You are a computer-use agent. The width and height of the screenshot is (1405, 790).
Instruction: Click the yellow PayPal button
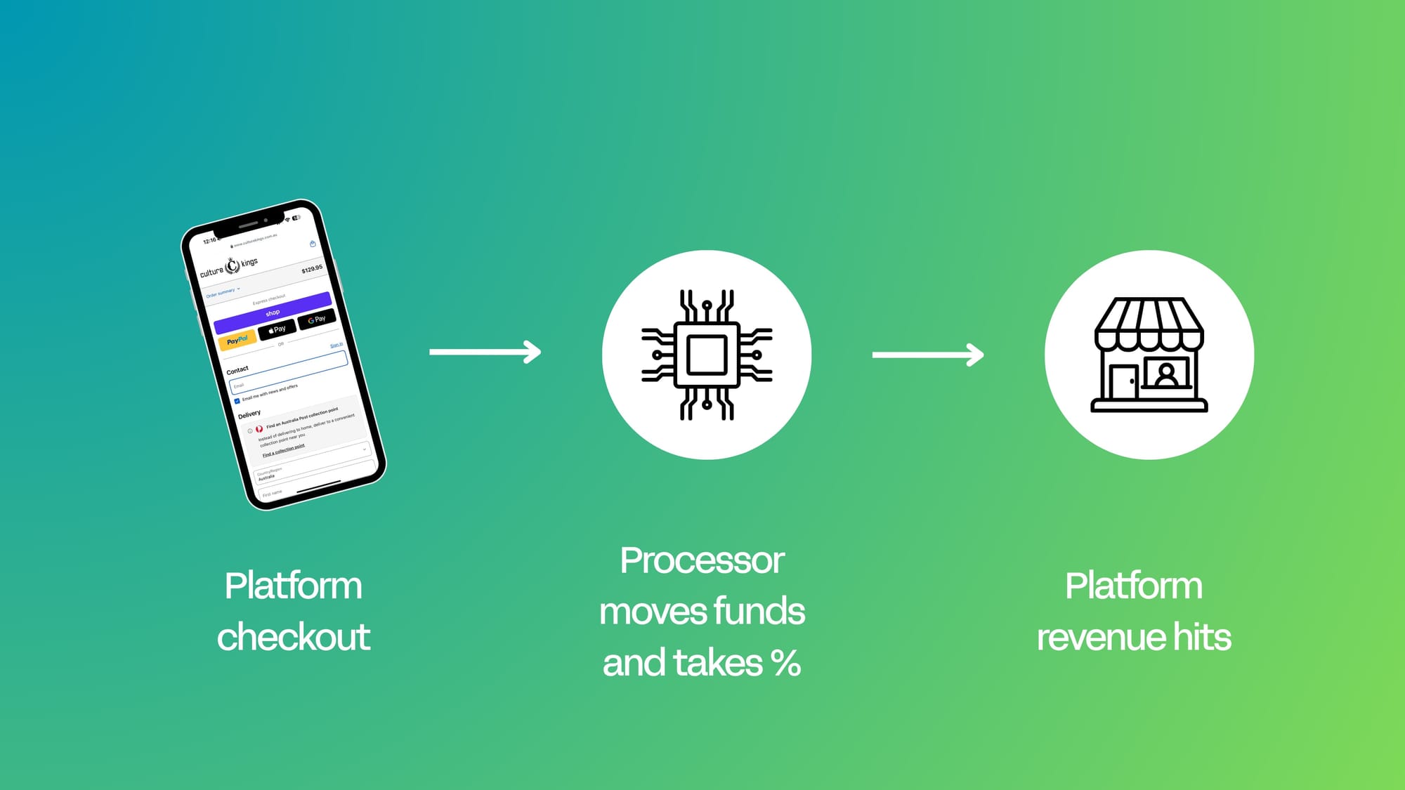(237, 341)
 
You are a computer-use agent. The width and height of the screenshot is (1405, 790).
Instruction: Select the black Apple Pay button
(277, 329)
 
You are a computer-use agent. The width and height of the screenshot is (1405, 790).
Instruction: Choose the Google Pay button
(317, 320)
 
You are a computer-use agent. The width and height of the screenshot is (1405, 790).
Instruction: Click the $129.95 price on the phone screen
(312, 269)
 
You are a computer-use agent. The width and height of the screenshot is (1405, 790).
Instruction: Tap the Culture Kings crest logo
(233, 266)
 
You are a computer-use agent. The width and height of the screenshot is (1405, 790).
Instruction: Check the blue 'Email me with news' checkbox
(237, 401)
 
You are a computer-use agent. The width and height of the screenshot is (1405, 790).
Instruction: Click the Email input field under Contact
(288, 373)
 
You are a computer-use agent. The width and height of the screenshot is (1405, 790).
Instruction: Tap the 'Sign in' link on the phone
(336, 345)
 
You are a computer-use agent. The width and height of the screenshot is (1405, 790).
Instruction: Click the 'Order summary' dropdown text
(221, 293)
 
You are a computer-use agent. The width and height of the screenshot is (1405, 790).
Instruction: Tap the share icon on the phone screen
(313, 244)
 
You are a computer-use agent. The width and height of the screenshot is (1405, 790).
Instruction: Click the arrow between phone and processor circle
(485, 351)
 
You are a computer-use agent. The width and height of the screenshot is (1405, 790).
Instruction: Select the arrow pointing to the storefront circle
(927, 355)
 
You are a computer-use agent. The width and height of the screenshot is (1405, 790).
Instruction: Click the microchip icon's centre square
(707, 355)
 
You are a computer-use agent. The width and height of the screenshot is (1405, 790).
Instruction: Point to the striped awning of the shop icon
(1149, 323)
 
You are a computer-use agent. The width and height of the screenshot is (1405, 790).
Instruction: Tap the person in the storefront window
(1166, 374)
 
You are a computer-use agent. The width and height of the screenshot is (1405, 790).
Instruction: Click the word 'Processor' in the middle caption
(702, 560)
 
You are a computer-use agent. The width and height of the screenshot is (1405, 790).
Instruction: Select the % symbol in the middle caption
(785, 663)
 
